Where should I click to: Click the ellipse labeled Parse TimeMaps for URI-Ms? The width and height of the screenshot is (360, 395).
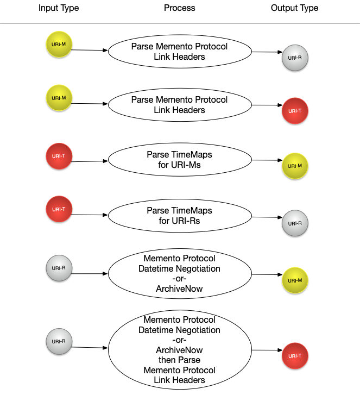coord(180,160)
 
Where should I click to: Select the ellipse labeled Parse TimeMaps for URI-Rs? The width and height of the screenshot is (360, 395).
coord(180,216)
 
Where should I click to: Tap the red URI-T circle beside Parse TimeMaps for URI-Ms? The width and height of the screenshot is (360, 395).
coord(59,156)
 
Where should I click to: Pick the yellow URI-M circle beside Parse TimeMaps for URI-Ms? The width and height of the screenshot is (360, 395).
coord(295,166)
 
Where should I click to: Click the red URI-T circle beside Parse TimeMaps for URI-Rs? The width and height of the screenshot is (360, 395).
coord(59,210)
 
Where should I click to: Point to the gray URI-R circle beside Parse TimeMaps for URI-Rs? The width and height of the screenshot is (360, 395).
coord(295,223)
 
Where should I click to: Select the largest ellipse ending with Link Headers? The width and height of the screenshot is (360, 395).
coord(180,350)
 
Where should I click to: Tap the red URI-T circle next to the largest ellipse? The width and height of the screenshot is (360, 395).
coord(295,356)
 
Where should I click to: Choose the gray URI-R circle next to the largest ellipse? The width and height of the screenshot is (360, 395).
coord(59,342)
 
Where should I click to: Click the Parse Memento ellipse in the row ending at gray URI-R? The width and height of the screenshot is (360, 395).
coord(180,52)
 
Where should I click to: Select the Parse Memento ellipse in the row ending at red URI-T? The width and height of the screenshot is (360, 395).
coord(180,105)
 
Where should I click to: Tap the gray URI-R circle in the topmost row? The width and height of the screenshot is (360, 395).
coord(295,58)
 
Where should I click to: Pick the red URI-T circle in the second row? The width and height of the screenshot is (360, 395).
coord(295,111)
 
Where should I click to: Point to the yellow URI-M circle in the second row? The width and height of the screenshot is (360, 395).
coord(59,98)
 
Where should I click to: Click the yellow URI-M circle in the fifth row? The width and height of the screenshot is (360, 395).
coord(295,281)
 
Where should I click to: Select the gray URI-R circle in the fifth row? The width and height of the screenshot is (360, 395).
coord(59,268)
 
